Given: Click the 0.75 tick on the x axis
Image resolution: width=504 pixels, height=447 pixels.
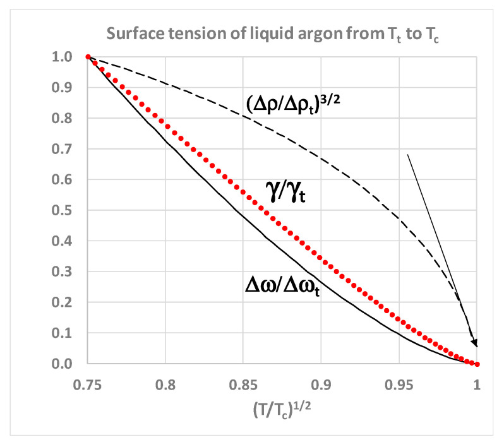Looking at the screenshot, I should click(x=88, y=382).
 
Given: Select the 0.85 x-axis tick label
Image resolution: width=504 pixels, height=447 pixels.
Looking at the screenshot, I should click(x=244, y=382).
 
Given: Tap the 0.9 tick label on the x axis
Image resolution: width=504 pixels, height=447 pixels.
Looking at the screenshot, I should click(x=321, y=382).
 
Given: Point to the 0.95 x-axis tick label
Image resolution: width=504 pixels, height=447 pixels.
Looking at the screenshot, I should click(x=399, y=382).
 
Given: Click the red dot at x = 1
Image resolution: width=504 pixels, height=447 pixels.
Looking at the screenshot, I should click(x=477, y=364).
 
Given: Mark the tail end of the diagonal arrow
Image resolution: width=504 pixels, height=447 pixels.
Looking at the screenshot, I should click(x=407, y=154).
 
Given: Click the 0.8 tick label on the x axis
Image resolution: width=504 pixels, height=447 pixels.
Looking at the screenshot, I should click(x=165, y=382).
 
